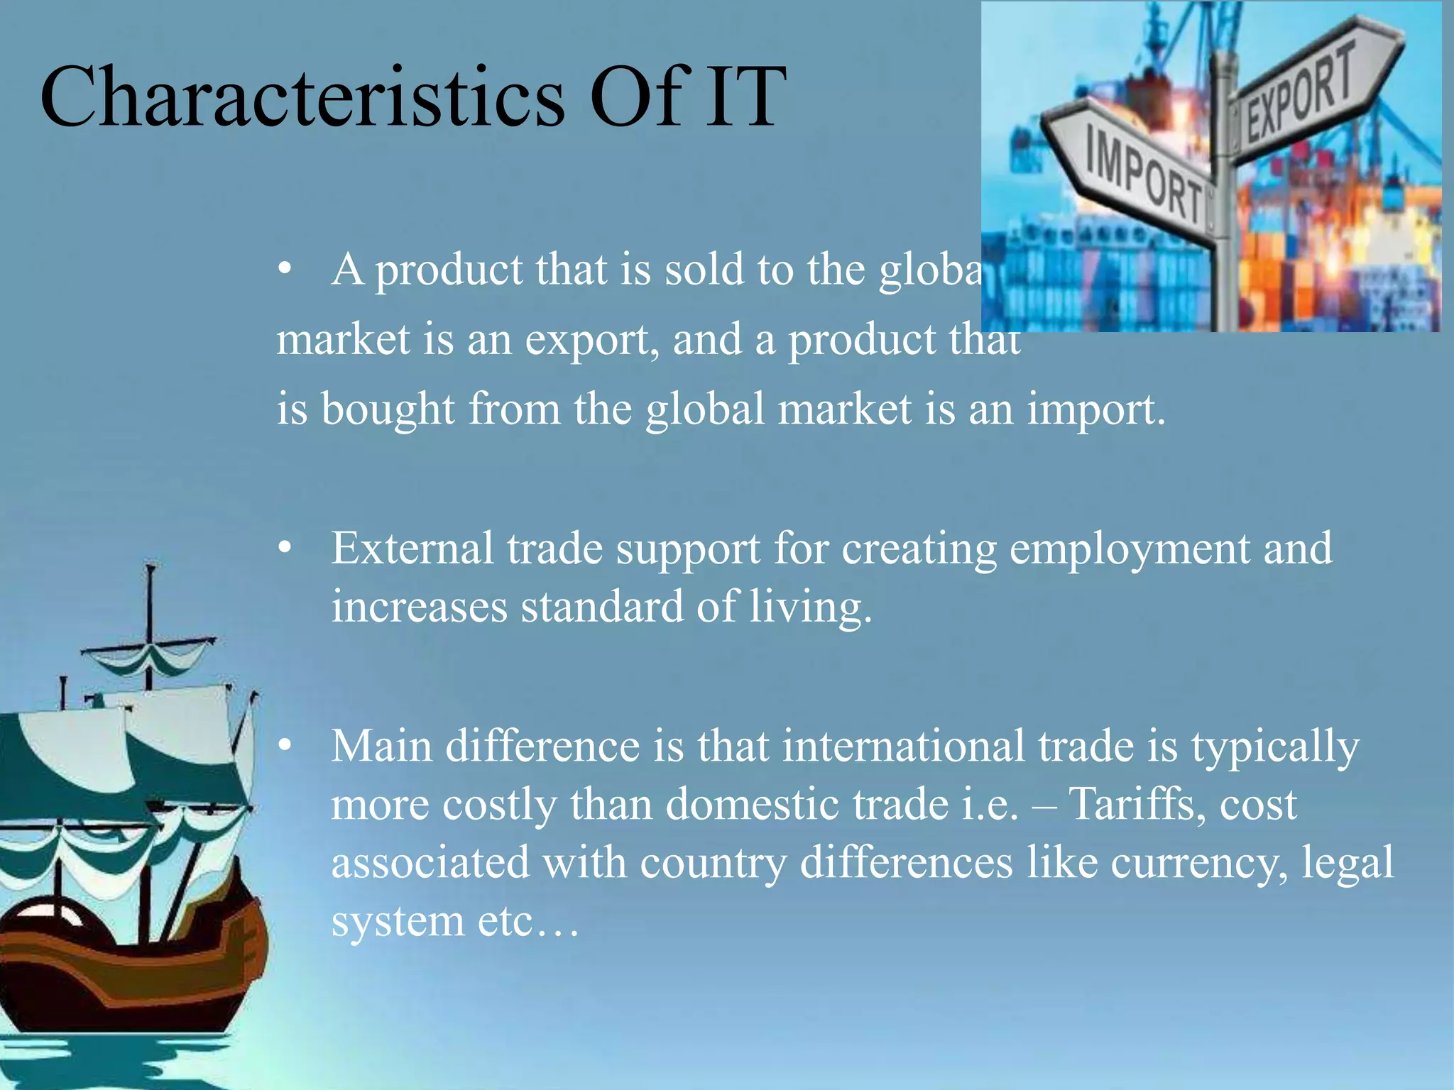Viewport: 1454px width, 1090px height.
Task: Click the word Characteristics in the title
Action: tap(302, 97)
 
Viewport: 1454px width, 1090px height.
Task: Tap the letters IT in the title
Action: tap(745, 97)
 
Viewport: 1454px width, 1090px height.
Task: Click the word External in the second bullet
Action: tap(412, 549)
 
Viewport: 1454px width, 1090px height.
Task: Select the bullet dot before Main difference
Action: tap(285, 746)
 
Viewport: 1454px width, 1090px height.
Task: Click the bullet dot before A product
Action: tap(285, 270)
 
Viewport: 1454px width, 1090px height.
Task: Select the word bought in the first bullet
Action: tap(388, 410)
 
